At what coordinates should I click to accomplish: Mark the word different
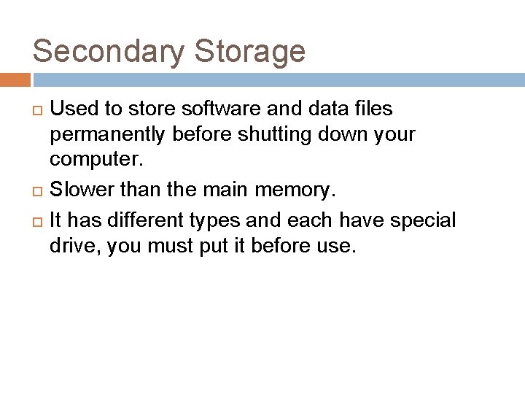pyautogui.click(x=150, y=220)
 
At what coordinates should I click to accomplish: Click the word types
pyautogui.click(x=215, y=220)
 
